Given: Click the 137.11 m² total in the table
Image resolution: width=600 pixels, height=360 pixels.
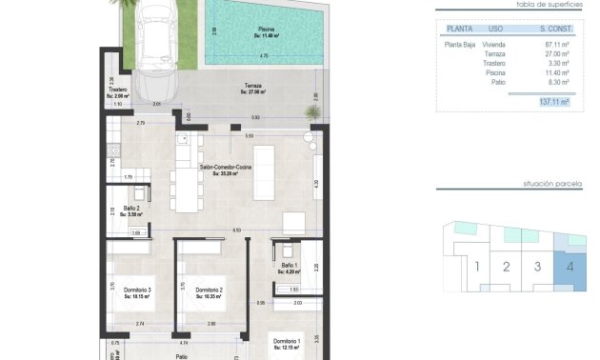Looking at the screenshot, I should point(553,101).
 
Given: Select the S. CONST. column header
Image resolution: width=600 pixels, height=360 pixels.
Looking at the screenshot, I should point(554,29).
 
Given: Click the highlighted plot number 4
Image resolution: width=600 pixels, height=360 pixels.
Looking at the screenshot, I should point(570,267).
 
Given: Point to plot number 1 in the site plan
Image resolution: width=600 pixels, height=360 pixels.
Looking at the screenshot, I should point(476,267).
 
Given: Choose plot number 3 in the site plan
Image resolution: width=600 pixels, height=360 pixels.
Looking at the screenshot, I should point(538,267).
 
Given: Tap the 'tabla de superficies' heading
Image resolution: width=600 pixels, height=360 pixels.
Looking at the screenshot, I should point(550,5).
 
